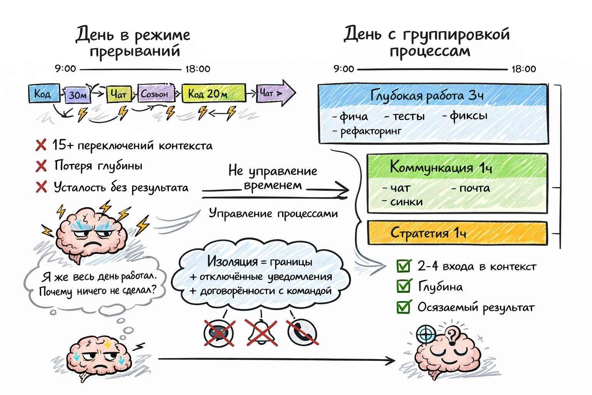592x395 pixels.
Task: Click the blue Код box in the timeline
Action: coord(44,93)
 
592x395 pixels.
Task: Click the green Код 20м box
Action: coord(214,93)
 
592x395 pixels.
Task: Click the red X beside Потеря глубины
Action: coord(41,166)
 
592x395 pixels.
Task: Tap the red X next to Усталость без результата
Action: coord(41,187)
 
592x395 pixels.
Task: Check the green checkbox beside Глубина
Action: coord(404,286)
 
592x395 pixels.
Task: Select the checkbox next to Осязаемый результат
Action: coord(404,307)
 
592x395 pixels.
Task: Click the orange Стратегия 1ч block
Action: coord(457,233)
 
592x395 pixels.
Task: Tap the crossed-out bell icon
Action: coord(262,333)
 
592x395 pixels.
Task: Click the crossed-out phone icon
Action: coord(302,333)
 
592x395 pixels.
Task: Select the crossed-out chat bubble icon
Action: coord(219,333)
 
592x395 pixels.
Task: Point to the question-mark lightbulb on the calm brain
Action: coord(453,335)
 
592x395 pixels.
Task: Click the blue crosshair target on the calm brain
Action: coord(426,334)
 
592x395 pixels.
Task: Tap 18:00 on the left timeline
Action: coord(198,69)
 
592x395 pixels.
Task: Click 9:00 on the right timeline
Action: coord(344,69)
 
